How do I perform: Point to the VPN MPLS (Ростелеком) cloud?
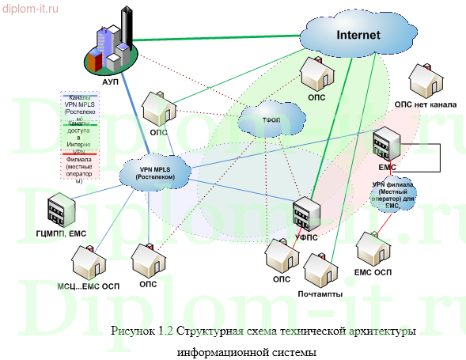coord(155,172)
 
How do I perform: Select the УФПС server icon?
coord(304,214)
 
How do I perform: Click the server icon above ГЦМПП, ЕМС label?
coord(60,210)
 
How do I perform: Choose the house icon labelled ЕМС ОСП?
coord(373,249)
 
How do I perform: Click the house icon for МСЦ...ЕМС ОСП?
coord(87,260)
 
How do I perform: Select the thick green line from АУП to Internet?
coord(214,40)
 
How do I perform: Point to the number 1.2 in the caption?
coord(166,330)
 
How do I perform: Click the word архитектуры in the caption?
coord(383,330)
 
